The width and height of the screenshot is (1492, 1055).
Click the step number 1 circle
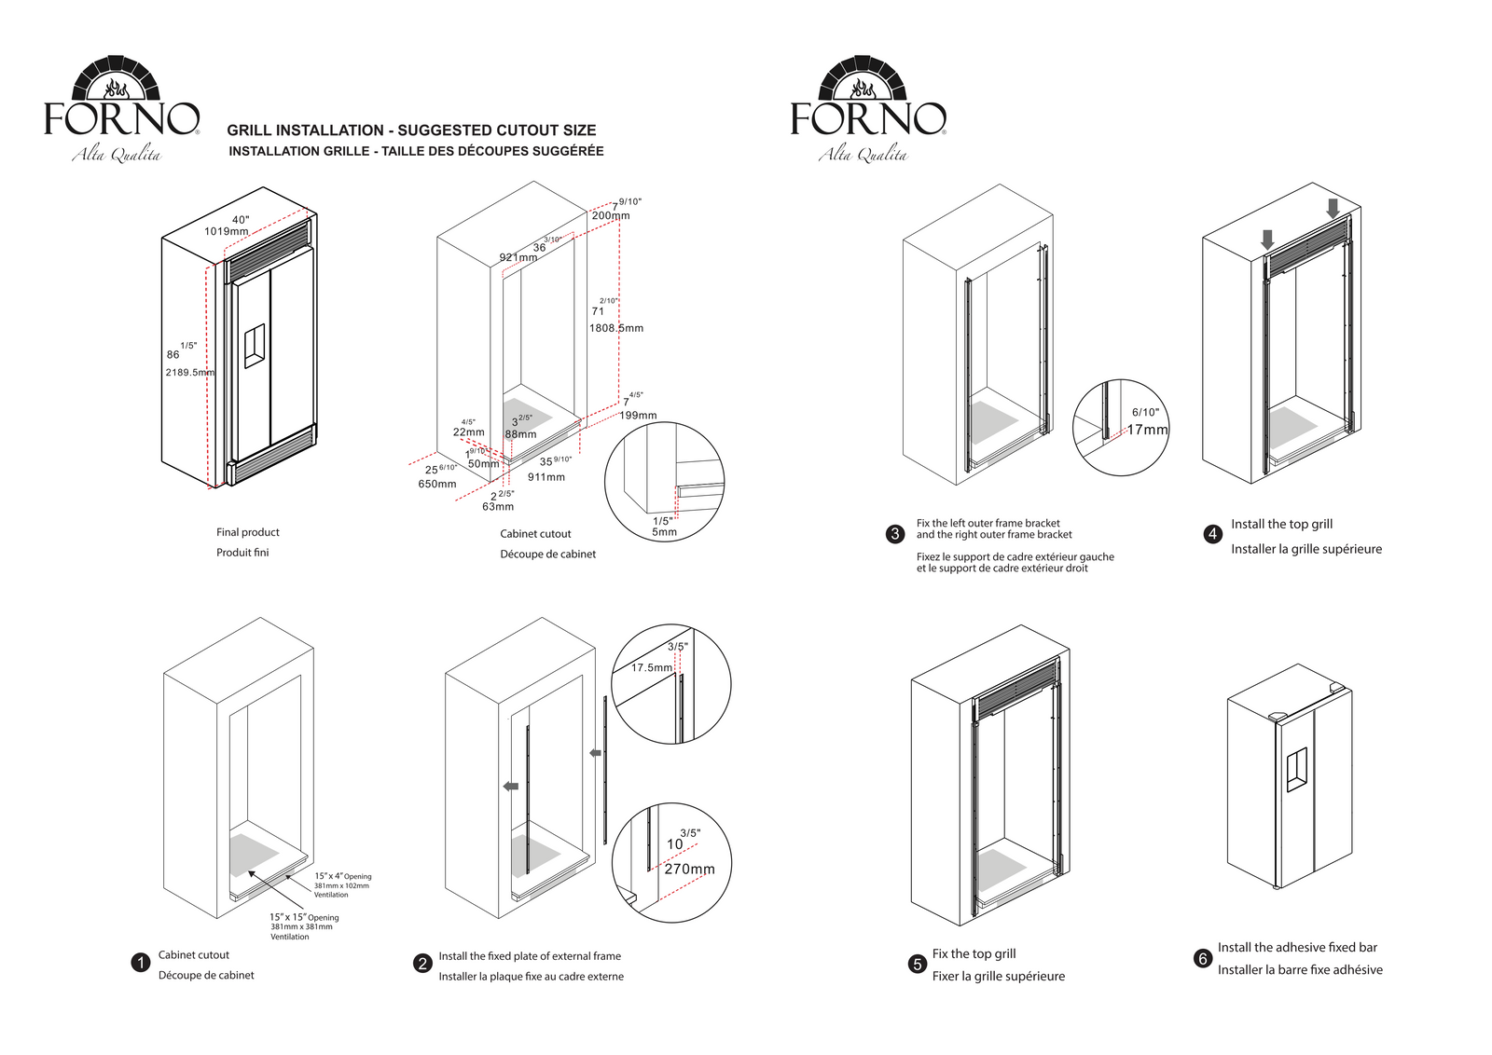pos(141,963)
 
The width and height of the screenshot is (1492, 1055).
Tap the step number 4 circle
pos(1212,534)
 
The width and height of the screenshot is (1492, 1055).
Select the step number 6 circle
pos(1203,958)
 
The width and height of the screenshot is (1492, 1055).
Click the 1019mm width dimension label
pos(227,231)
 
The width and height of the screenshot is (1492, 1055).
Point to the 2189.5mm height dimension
pos(189,372)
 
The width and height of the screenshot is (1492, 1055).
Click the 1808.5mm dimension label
pos(615,328)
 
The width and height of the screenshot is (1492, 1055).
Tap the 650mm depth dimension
pos(436,484)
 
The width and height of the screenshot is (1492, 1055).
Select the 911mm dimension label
pos(546,477)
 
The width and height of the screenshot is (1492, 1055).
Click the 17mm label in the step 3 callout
pos(1147,430)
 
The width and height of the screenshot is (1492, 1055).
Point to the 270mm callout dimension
pos(689,869)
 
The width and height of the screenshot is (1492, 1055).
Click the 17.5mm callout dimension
pos(652,667)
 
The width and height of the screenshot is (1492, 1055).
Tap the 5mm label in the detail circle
pos(664,532)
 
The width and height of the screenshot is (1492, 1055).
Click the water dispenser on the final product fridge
pos(254,346)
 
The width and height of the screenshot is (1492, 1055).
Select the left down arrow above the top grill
pos(1266,239)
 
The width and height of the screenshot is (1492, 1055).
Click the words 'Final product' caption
pos(248,532)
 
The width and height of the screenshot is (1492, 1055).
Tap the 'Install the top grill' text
pos(1281,524)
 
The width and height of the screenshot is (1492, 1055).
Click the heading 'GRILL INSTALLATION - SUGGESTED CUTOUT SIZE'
pos(411,130)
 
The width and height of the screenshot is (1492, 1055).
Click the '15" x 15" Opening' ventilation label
pos(304,917)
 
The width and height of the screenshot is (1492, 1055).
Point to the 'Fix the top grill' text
pos(974,953)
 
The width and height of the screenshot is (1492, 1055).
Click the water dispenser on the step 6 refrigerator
pos(1296,771)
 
